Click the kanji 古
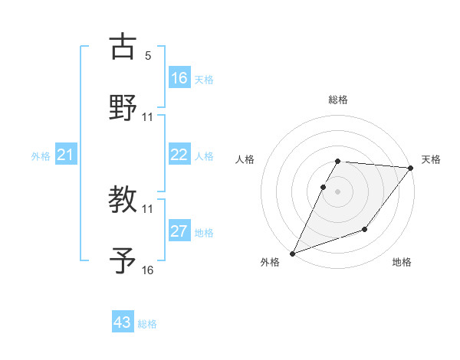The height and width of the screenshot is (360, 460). pyautogui.click(x=123, y=46)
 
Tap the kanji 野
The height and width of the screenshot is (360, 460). pyautogui.click(x=123, y=108)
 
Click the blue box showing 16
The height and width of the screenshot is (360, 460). pyautogui.click(x=179, y=77)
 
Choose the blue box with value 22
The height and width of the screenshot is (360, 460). pyautogui.click(x=179, y=155)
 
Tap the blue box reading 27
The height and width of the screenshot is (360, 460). pyautogui.click(x=179, y=231)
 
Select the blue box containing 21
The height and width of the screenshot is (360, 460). pyautogui.click(x=66, y=155)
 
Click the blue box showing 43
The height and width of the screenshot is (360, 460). pyautogui.click(x=123, y=322)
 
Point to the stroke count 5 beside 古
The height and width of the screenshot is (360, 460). pyautogui.click(x=148, y=55)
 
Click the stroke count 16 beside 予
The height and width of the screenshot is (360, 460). pyautogui.click(x=148, y=270)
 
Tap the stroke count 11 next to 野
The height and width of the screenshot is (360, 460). pyautogui.click(x=148, y=116)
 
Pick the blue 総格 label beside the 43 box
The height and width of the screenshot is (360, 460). pyautogui.click(x=148, y=324)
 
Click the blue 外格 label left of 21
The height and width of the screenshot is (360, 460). pyautogui.click(x=41, y=156)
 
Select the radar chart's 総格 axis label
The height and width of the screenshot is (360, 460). pyautogui.click(x=338, y=100)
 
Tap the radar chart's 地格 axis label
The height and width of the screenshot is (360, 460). pyautogui.click(x=402, y=263)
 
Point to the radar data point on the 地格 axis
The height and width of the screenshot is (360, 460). pyautogui.click(x=365, y=229)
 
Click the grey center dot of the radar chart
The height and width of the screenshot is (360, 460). pyautogui.click(x=337, y=191)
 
